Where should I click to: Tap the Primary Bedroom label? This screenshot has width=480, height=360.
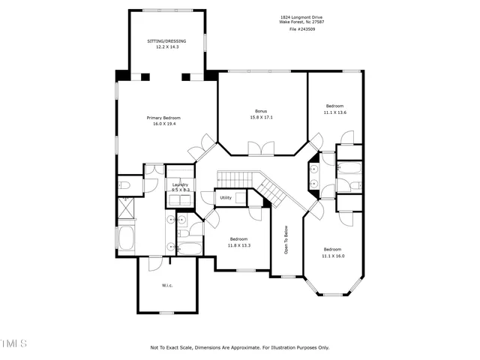(163, 118)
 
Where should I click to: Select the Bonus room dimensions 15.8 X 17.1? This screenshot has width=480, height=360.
(261, 118)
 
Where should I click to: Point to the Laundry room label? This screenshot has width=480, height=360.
(180, 184)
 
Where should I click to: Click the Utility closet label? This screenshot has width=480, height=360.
(226, 198)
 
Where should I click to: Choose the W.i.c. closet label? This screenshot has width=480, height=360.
(167, 286)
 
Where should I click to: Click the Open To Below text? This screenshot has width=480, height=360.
(286, 241)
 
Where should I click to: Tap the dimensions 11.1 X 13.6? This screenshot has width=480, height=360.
(334, 112)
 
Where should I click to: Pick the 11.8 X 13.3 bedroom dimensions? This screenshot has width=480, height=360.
(238, 245)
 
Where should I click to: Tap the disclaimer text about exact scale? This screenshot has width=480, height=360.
(239, 347)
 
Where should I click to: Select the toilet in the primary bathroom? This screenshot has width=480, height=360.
(125, 184)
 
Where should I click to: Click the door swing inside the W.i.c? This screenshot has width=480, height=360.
(174, 262)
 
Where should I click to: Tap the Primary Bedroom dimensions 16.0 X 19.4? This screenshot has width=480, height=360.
(163, 124)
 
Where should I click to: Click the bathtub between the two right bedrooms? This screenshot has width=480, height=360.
(349, 184)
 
